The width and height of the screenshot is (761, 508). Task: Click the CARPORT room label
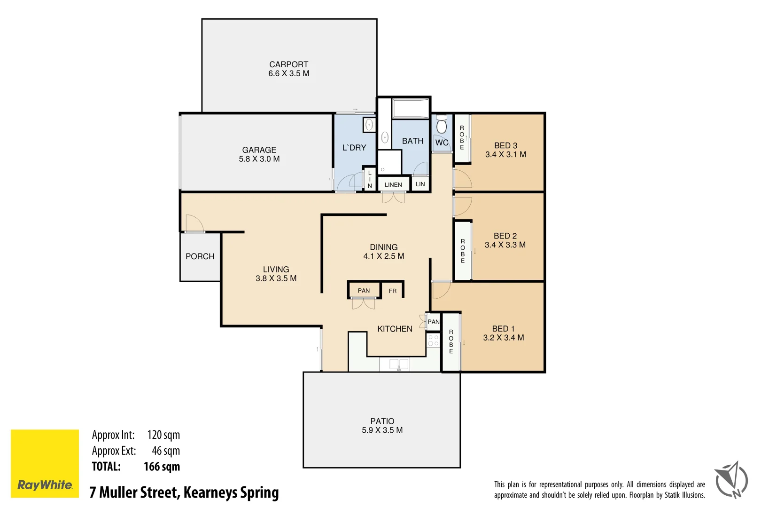coord(288,64)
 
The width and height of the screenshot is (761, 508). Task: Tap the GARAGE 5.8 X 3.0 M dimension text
coord(259,159)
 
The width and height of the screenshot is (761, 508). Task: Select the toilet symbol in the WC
coord(441,126)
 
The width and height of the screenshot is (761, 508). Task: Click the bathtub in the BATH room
coord(411,109)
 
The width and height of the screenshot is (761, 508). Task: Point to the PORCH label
coord(200,256)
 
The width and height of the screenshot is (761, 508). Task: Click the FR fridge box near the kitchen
coord(392,291)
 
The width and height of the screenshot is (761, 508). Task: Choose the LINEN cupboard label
coord(393,184)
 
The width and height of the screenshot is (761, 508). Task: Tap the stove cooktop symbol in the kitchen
coord(433,341)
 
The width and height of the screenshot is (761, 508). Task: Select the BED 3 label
coord(505,146)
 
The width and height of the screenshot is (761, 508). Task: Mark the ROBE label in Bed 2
coord(463,251)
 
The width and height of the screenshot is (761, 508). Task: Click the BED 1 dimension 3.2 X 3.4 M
coord(503,338)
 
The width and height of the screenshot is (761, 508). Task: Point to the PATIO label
coord(382,421)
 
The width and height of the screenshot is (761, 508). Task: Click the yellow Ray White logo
coord(45,463)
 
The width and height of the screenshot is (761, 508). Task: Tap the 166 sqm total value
coord(162,467)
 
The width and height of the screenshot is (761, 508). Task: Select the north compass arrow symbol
coord(731,480)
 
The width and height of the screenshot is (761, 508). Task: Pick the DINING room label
coord(383,247)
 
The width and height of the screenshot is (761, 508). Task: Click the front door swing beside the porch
coord(194,223)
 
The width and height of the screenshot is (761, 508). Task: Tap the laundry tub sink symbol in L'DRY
coord(369,125)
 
